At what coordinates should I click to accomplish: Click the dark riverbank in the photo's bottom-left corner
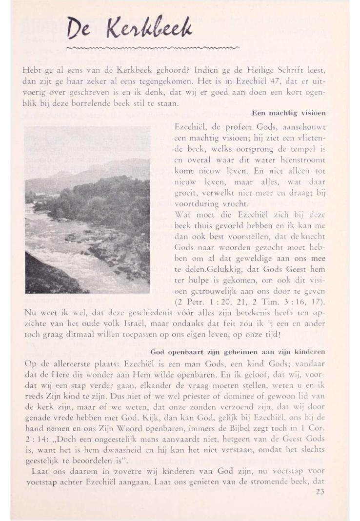(x=41, y=281)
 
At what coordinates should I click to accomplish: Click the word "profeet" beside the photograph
(x=229, y=126)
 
